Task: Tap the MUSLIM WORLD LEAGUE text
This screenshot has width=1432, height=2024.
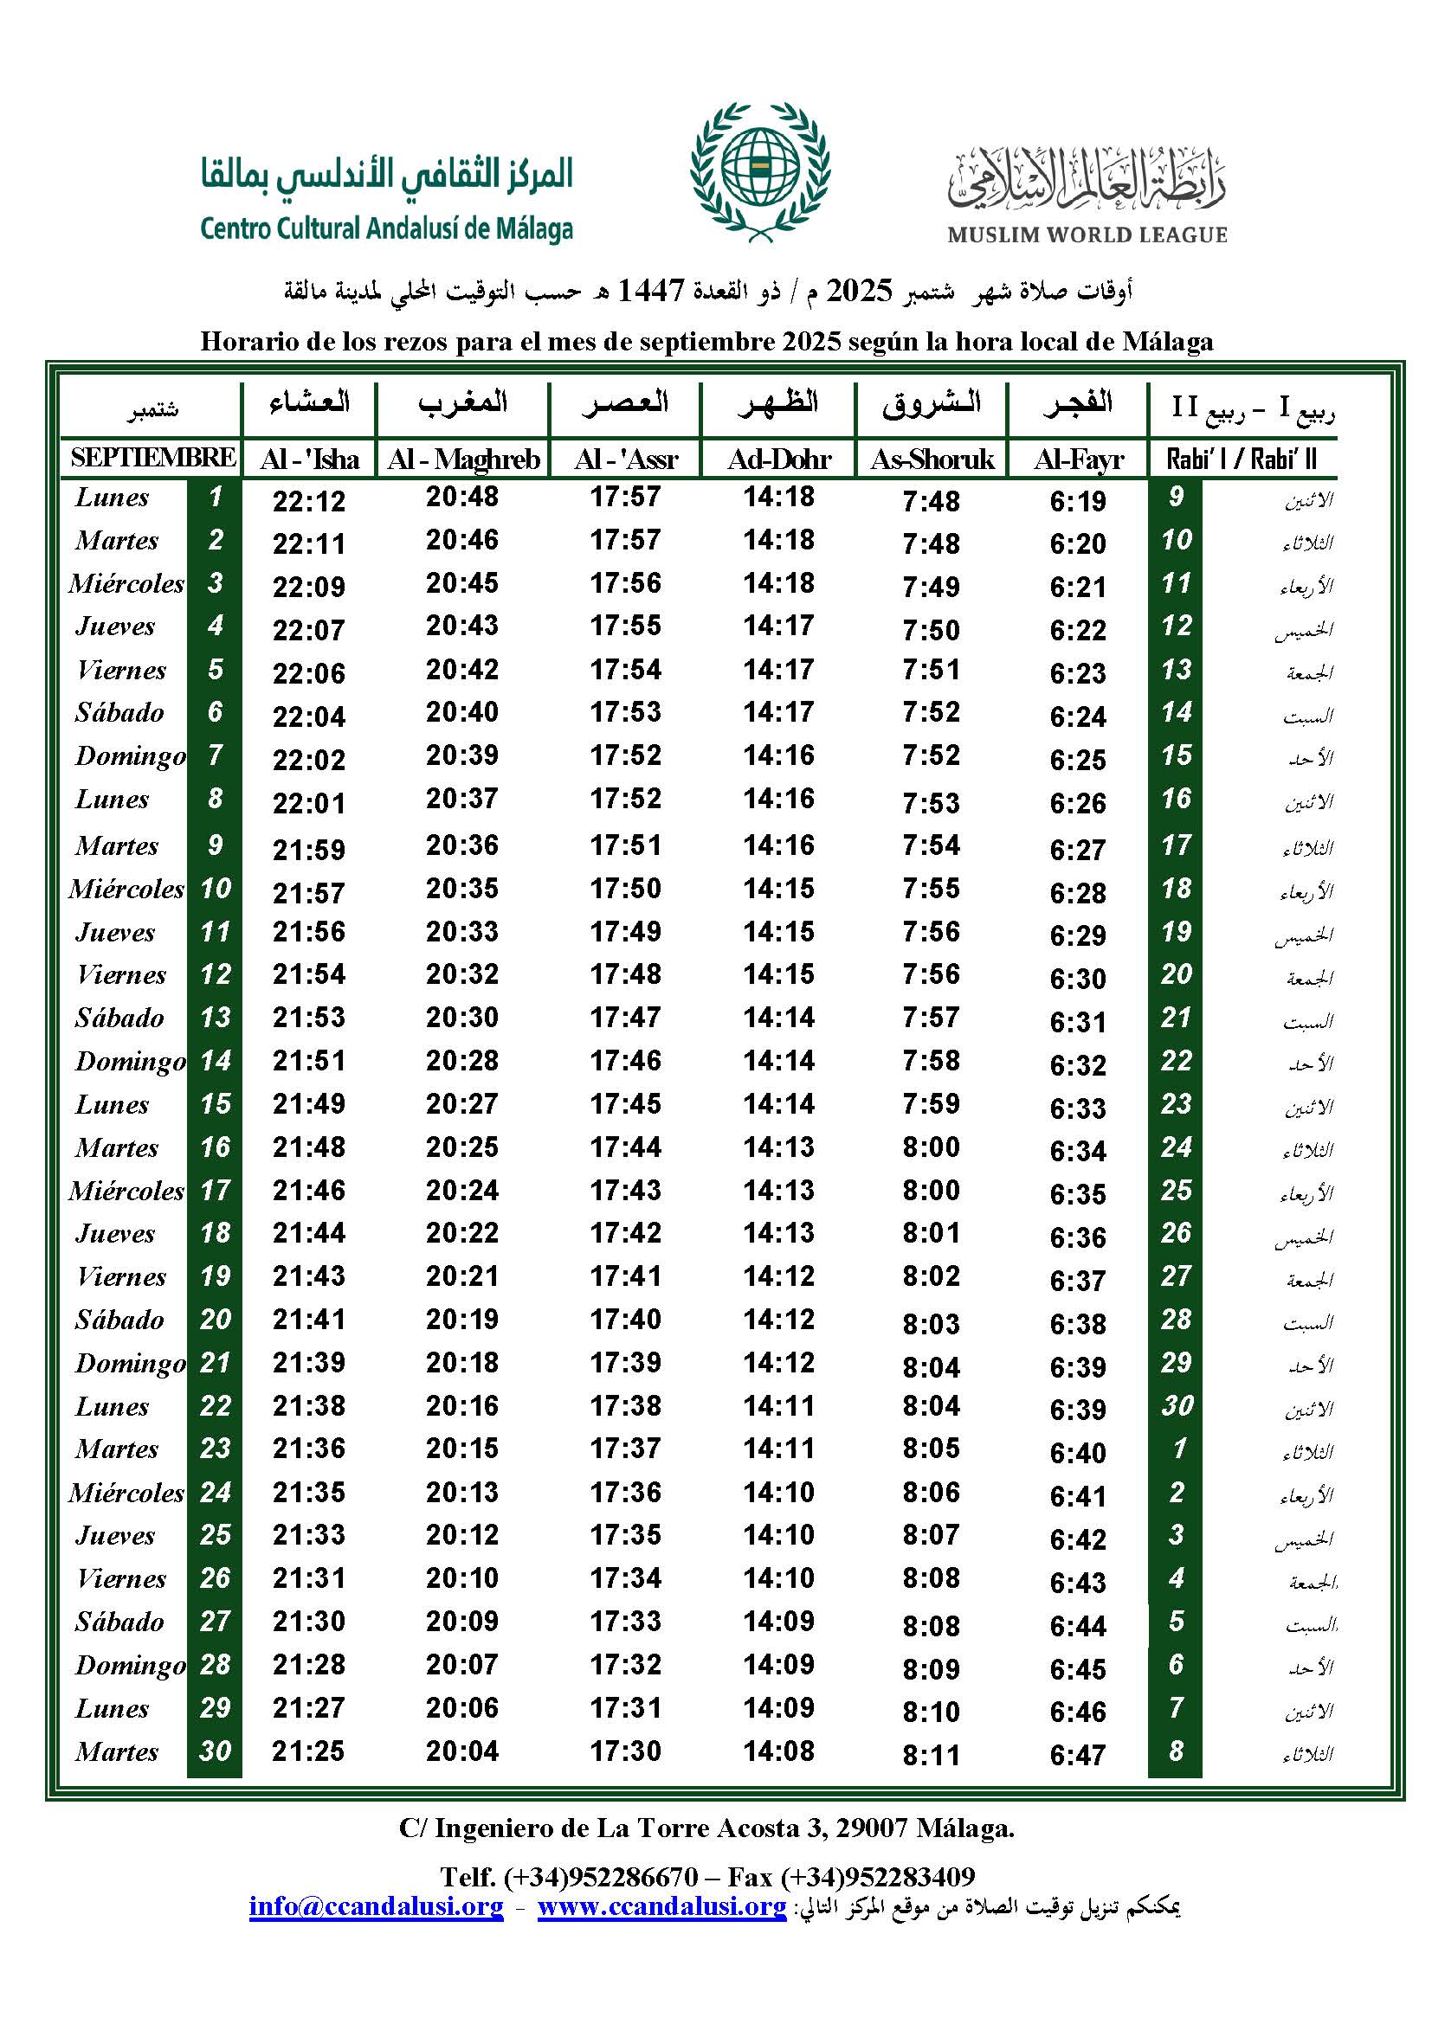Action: [1087, 235]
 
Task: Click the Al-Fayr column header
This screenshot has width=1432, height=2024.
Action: [1079, 459]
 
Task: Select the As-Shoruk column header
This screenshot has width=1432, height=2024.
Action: [932, 459]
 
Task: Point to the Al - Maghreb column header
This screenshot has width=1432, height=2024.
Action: [463, 459]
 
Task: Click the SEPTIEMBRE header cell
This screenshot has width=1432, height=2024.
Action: [152, 458]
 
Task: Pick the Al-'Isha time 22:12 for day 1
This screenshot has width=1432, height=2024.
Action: [308, 501]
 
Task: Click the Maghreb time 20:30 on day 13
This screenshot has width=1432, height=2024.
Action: [462, 1018]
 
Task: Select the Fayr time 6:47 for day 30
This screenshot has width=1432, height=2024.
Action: [1078, 1755]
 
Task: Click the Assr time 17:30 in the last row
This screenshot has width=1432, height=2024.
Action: [625, 1751]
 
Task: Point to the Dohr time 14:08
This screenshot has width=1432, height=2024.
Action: [778, 1751]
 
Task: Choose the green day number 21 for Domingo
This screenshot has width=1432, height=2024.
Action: [216, 1363]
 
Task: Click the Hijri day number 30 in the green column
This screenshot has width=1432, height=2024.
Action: [1177, 1406]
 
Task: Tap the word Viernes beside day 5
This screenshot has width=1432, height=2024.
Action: [121, 670]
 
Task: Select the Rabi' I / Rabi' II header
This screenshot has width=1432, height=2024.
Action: [1241, 459]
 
